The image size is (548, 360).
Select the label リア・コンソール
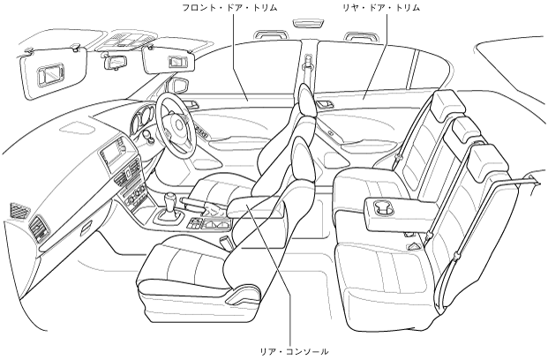tap(291, 351)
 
